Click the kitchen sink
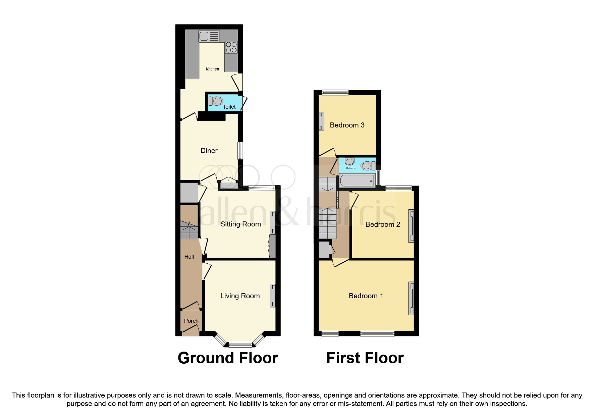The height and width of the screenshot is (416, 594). click(209, 36)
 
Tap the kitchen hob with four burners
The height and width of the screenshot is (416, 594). click(231, 47)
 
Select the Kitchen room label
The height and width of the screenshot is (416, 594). click(212, 69)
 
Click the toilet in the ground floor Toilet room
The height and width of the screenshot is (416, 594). click(216, 101)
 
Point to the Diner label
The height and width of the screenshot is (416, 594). click(209, 151)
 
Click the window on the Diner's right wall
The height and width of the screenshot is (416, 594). click(240, 151)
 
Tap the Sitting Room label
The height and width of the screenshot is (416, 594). click(240, 224)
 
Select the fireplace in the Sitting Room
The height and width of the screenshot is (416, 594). click(273, 222)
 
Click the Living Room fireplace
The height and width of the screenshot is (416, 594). click(273, 296)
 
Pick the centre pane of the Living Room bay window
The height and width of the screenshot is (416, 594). click(240, 344)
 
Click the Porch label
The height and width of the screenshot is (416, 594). click(191, 321)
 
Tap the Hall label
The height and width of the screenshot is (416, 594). click(189, 257)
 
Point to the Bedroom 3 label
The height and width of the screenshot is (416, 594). click(347, 125)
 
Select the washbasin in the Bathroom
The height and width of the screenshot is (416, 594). click(349, 162)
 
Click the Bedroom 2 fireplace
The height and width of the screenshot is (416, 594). click(411, 226)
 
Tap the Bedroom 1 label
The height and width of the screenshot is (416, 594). click(366, 296)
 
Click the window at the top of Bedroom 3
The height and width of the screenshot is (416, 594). click(335, 93)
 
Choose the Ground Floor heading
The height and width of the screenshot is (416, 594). click(228, 358)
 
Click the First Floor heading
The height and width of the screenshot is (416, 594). click(365, 358)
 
